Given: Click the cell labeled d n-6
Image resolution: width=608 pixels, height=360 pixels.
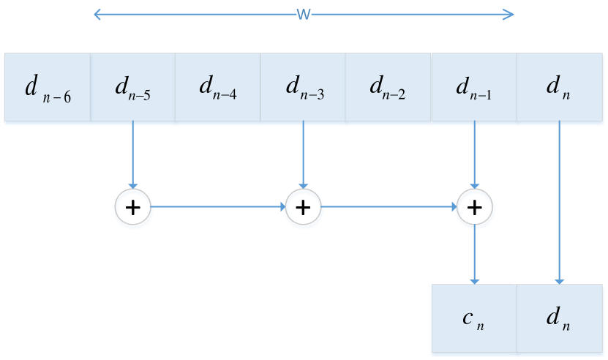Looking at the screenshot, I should tap(48, 87).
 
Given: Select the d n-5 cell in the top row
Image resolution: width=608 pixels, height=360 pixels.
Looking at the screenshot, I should tap(132, 87).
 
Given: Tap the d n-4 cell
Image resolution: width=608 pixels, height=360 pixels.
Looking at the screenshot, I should tap(218, 87).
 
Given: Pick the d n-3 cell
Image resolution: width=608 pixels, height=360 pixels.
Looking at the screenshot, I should tap(303, 87).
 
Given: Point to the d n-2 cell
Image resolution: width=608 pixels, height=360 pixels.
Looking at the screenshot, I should tap(389, 87).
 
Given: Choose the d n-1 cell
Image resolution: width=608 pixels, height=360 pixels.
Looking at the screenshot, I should tap(474, 87).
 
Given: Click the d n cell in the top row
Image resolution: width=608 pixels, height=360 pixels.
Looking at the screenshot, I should tap(560, 87).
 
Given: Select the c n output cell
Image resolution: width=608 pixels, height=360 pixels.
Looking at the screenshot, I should tap(474, 319).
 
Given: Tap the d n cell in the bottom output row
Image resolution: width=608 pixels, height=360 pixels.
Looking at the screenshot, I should tap(560, 319).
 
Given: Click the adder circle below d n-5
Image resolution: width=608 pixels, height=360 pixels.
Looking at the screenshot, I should tap(132, 208).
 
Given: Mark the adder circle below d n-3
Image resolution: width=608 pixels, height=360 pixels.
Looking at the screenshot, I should tap(303, 208).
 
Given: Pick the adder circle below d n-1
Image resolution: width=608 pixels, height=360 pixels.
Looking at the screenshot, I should tap(475, 208).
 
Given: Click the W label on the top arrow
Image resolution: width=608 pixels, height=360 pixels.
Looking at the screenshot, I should tap(304, 15).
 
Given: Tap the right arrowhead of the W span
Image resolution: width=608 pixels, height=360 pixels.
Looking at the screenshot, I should tap(511, 14).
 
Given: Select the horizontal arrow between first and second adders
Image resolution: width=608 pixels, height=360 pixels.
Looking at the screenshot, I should tap(217, 207).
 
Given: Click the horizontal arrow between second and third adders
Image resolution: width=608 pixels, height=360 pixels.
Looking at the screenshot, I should tap(389, 207).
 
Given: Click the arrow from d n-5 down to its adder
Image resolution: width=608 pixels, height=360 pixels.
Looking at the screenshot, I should tap(132, 154).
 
